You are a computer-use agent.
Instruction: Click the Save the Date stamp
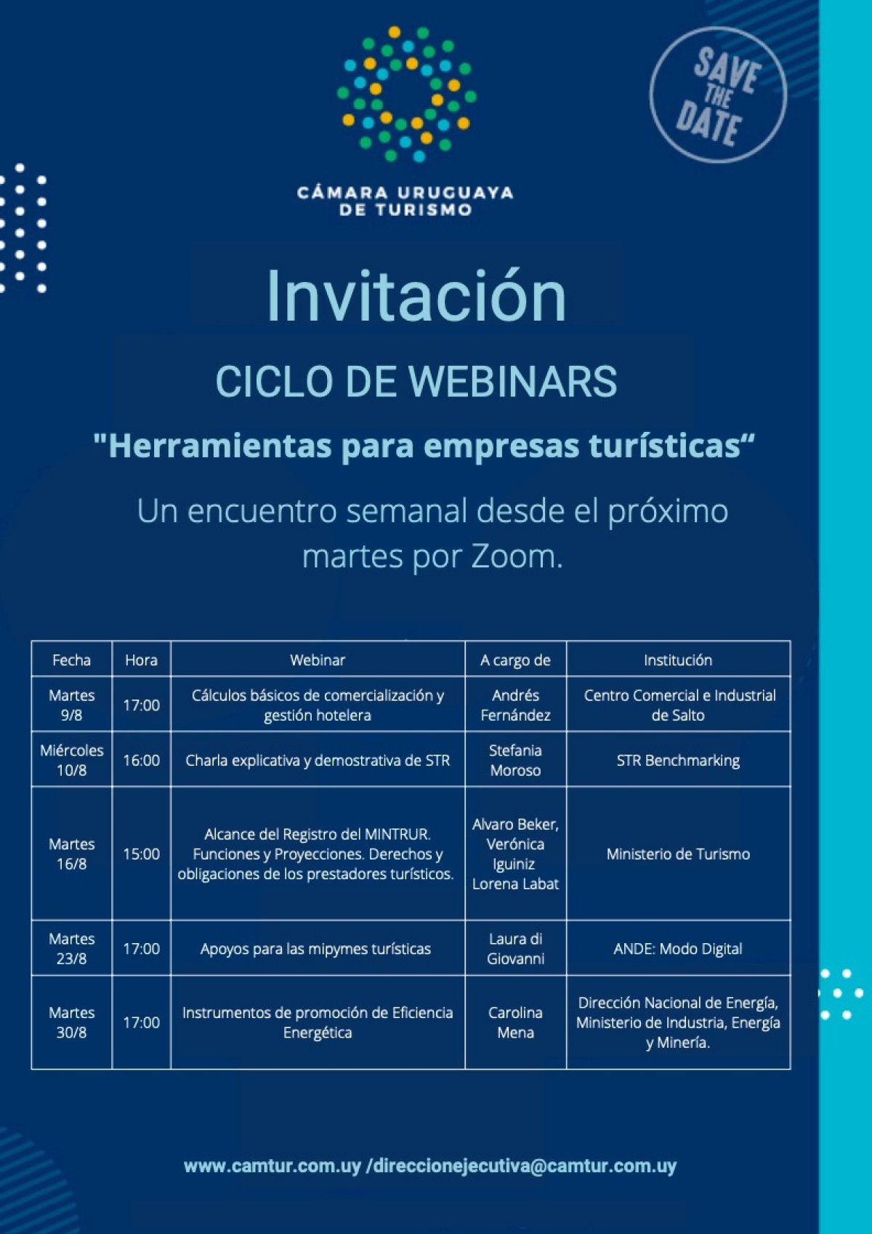(717, 95)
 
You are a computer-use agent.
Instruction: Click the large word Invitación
(416, 296)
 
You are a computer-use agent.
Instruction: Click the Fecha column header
(71, 660)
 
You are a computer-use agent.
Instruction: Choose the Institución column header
(677, 660)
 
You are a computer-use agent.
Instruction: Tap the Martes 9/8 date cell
(71, 705)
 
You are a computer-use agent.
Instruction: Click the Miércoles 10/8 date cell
(71, 760)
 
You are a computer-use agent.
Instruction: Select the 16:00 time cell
(141, 761)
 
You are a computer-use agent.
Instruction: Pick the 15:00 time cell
(141, 854)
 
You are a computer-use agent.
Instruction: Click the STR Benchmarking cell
(677, 761)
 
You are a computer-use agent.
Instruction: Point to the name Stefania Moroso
(515, 761)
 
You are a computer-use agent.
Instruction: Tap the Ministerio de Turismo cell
(677, 854)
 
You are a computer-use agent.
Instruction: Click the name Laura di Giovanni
(515, 949)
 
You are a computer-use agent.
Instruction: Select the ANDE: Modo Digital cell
(677, 949)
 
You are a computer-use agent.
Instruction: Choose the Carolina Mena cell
(515, 1022)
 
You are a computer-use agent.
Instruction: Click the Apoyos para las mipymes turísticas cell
(316, 949)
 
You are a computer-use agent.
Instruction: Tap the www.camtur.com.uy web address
(272, 1166)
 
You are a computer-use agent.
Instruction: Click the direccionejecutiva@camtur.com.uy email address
(524, 1166)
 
